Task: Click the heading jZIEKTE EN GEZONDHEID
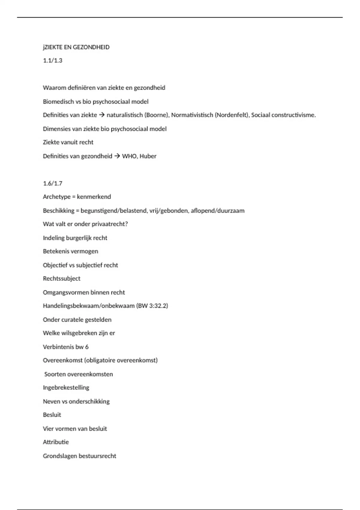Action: [x=76, y=47]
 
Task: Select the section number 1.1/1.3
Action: [x=52, y=61]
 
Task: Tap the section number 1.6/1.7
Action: [x=52, y=183]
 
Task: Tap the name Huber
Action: [x=148, y=156]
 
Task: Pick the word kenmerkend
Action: [x=94, y=197]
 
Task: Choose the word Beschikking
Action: [x=58, y=211]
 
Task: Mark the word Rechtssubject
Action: [x=61, y=278]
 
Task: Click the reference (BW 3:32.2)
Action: [x=152, y=306]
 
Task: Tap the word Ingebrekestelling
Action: [x=66, y=388]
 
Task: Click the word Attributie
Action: [x=56, y=442]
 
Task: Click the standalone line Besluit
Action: [x=52, y=415]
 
